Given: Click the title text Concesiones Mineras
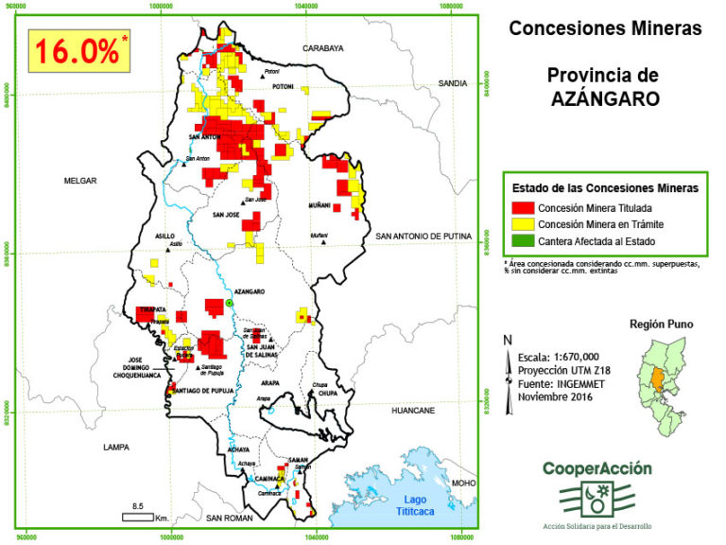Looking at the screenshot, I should point(605,28).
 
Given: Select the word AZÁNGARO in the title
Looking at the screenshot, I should point(605,97).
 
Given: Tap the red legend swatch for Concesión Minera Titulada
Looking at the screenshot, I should point(521,207).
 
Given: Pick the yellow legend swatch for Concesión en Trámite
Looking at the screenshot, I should point(521,224).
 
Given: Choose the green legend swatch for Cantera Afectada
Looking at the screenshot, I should point(521,241).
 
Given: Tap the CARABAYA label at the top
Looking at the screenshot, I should point(322,47).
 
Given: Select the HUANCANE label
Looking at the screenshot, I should point(413,411).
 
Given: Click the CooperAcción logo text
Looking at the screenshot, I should point(596,468).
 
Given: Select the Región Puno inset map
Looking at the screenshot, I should point(661,384).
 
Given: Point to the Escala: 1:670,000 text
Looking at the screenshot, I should point(558,356).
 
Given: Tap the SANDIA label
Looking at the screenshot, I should point(453,83).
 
